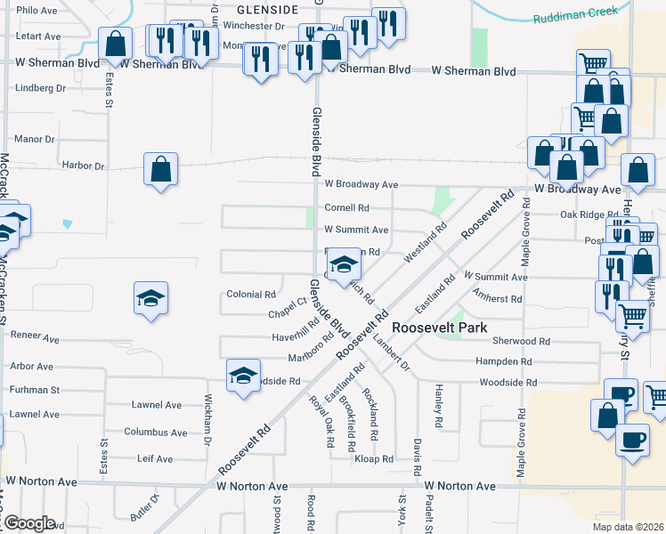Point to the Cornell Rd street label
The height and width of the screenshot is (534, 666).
(x=346, y=208)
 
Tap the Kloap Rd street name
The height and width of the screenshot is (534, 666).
(x=374, y=459)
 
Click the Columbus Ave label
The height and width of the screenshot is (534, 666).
(x=156, y=433)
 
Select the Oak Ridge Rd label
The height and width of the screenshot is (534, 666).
(x=589, y=214)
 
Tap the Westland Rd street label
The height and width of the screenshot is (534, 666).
(x=425, y=247)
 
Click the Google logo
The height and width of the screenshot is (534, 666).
(x=28, y=524)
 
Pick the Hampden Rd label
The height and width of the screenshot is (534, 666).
(x=504, y=362)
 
